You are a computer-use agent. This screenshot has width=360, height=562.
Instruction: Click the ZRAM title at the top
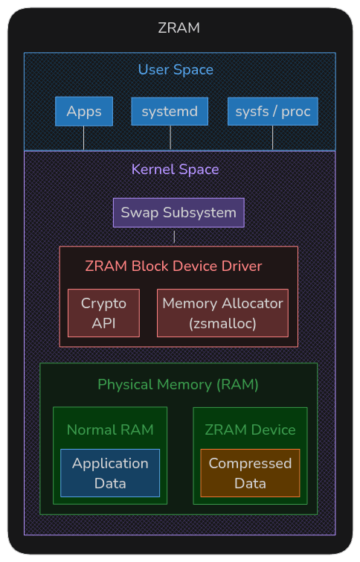179,28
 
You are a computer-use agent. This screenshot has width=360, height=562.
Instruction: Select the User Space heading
176,69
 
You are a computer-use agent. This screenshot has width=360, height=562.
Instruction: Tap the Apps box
84,112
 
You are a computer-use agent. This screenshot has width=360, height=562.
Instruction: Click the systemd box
170,112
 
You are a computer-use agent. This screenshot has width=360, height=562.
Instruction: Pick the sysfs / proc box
273,112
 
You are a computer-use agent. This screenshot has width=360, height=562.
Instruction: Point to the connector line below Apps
84,138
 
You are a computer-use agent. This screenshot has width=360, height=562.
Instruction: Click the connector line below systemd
170,138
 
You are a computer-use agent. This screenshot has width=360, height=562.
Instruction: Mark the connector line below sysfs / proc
272,138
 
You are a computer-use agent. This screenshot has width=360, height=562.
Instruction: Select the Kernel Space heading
175,169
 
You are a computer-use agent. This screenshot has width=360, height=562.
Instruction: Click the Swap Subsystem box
179,213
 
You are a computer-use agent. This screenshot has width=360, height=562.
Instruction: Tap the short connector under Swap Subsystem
175,237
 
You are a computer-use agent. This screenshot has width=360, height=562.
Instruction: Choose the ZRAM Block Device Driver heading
174,266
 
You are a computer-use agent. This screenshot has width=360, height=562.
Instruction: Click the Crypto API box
104,313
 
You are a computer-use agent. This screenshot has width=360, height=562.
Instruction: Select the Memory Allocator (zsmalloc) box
223,313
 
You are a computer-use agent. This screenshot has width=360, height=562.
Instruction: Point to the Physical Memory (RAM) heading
178,385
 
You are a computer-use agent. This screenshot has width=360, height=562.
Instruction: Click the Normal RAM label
110,430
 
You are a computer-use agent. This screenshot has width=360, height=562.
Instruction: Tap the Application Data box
110,473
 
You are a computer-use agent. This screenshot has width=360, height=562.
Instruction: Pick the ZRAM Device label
251,430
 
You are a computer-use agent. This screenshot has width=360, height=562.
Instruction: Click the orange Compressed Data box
251,473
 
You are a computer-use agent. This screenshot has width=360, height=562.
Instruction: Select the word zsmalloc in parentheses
223,324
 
